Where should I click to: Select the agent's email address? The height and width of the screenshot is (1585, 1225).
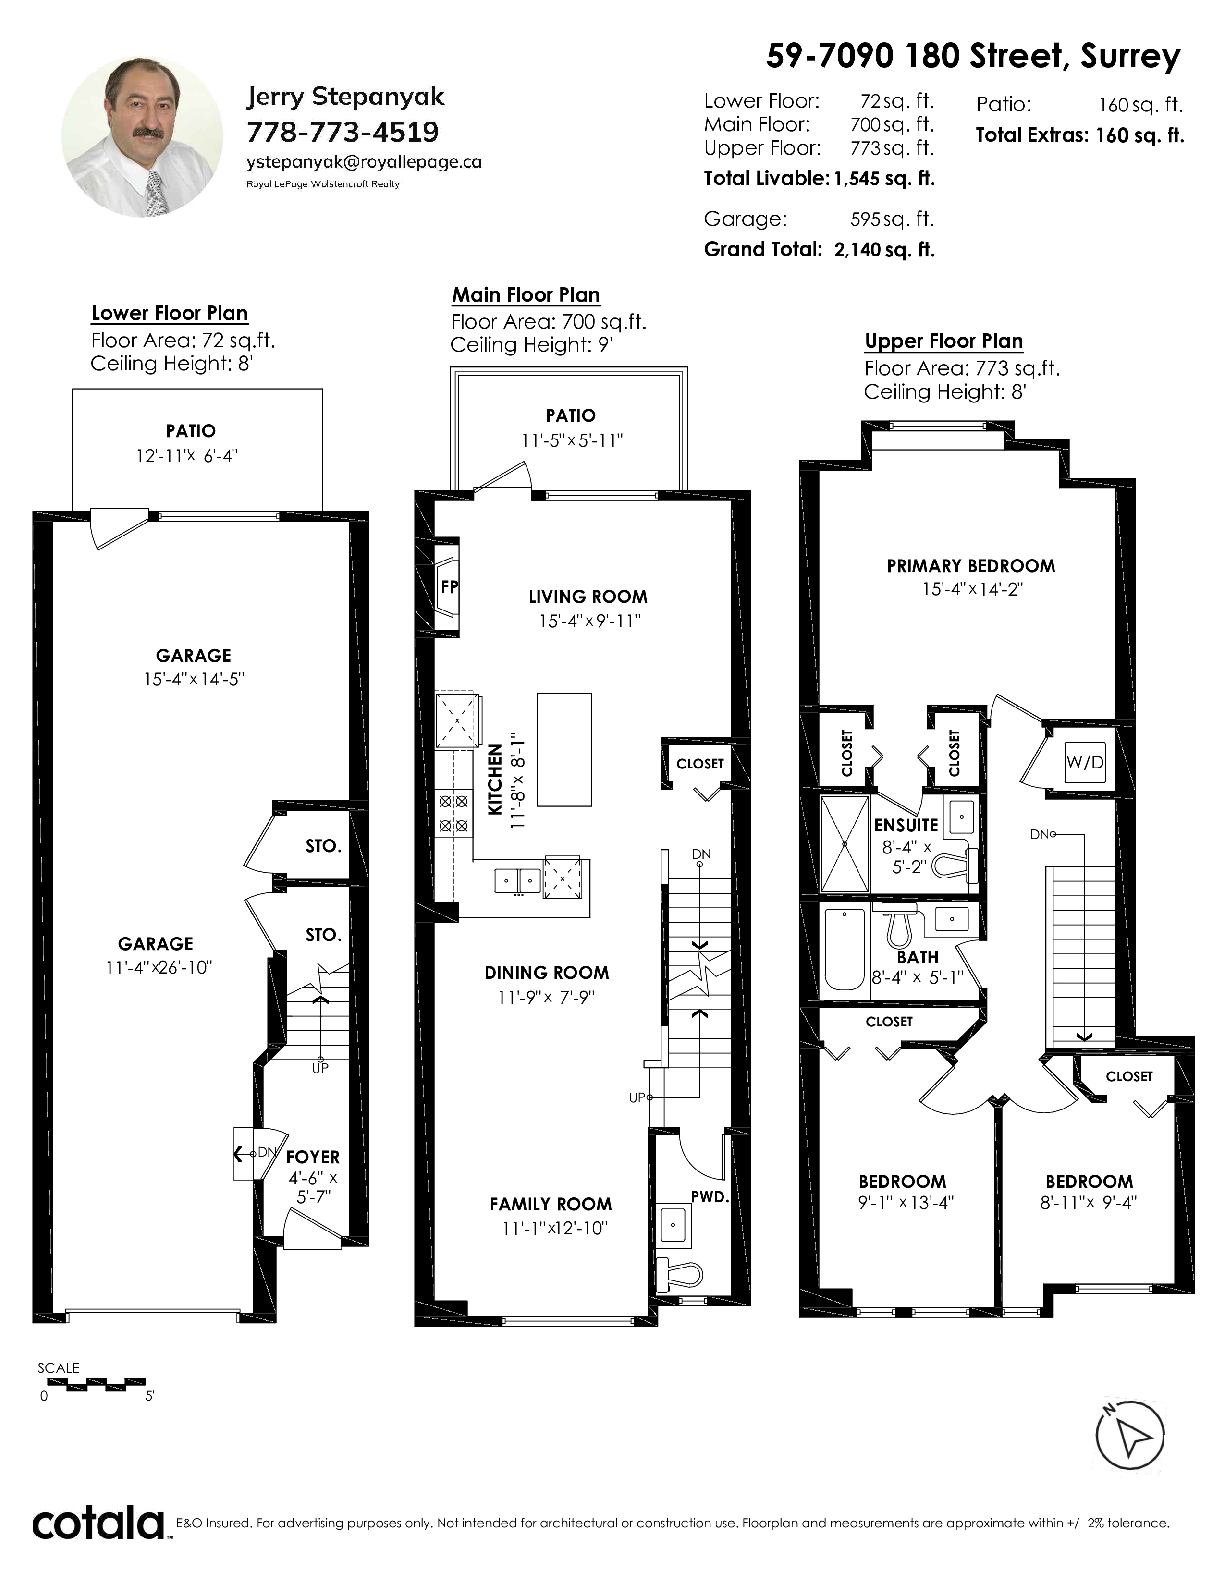tap(364, 162)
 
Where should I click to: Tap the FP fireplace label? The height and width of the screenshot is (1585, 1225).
tap(449, 586)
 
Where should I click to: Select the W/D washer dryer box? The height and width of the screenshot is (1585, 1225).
tap(1085, 762)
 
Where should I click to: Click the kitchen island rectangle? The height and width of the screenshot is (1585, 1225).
tap(564, 749)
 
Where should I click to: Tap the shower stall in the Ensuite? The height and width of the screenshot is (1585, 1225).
tap(844, 843)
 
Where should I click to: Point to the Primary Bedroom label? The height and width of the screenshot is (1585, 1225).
tap(971, 566)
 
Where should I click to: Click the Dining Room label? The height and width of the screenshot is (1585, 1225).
tap(547, 973)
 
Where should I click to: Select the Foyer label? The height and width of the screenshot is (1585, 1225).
tap(313, 1157)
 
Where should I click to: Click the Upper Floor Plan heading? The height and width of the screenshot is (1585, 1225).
tap(943, 341)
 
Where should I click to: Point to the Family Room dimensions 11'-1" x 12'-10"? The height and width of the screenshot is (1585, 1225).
tap(554, 1228)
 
